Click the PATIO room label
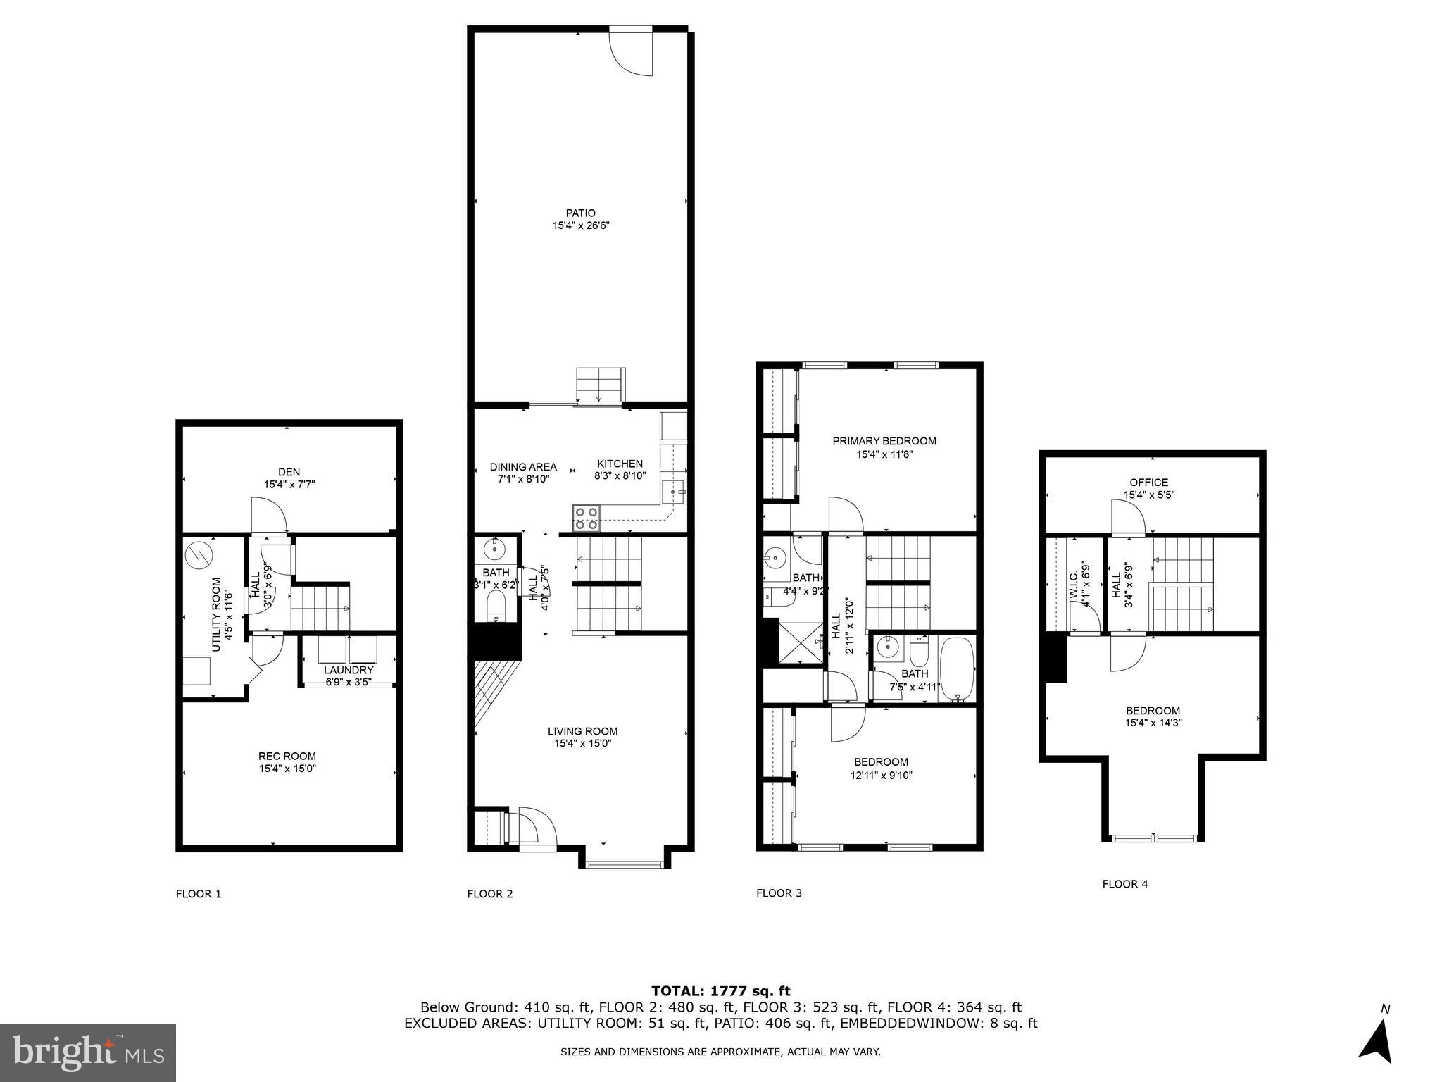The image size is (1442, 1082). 580,213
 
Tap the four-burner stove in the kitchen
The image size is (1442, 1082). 586,518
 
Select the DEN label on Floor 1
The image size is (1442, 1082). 289,472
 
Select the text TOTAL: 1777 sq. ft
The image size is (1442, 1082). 720,991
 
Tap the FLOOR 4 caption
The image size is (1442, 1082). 1124,884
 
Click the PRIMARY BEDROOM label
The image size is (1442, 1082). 884,441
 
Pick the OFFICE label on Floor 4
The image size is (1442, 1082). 1148,483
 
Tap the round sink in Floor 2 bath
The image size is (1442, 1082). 496,547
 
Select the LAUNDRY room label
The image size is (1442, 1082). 349,670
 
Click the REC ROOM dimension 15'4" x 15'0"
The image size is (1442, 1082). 287,769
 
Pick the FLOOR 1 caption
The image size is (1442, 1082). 199,894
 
